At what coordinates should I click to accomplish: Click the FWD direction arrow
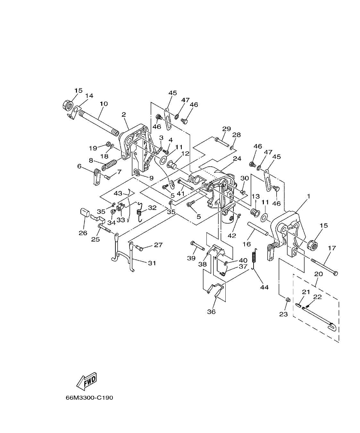coord(86,381)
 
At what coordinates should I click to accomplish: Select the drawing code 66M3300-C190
coord(89,398)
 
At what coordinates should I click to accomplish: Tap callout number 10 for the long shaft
coord(104,104)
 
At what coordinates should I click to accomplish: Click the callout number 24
coord(237,159)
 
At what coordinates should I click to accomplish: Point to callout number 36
coord(211,311)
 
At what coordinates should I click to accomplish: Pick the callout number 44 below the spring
coord(264,287)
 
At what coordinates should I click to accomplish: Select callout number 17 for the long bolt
coord(331,248)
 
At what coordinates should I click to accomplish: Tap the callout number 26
coord(83,233)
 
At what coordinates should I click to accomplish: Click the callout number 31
coord(152,263)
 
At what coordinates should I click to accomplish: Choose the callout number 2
coord(124,114)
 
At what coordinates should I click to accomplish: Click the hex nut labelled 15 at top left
coord(68,105)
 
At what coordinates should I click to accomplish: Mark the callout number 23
coord(283,314)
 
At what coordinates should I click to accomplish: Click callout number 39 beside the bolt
coord(191,258)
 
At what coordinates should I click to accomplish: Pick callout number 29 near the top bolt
coord(227,129)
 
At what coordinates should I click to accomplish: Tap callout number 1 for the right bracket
coord(308,195)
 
